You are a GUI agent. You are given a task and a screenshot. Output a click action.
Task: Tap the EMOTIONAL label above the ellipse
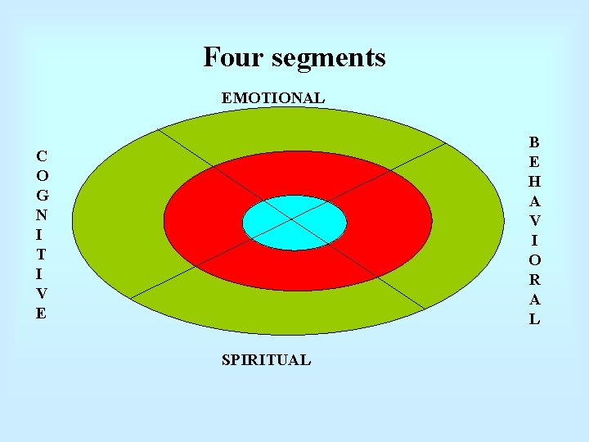(272, 97)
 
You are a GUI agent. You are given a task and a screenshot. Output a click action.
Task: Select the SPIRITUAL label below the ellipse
(266, 359)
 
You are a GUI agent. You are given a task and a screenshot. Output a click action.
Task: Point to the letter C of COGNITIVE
(41, 156)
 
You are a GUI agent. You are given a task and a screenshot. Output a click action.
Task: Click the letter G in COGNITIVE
(42, 195)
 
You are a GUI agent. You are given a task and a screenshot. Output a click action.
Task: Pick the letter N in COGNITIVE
(42, 214)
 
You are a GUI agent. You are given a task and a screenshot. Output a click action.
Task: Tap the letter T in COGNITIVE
(42, 254)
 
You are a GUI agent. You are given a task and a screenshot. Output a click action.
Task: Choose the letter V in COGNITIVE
(42, 293)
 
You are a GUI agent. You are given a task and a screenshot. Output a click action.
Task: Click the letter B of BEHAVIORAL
(534, 142)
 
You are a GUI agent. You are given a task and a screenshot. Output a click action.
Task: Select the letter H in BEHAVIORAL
(534, 181)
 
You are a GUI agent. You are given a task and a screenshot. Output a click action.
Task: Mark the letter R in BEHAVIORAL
(534, 280)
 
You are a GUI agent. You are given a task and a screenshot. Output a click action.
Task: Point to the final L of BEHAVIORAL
(534, 319)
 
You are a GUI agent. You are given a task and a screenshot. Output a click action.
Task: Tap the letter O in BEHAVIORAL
(534, 260)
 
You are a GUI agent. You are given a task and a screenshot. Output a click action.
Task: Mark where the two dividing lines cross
(292, 220)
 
